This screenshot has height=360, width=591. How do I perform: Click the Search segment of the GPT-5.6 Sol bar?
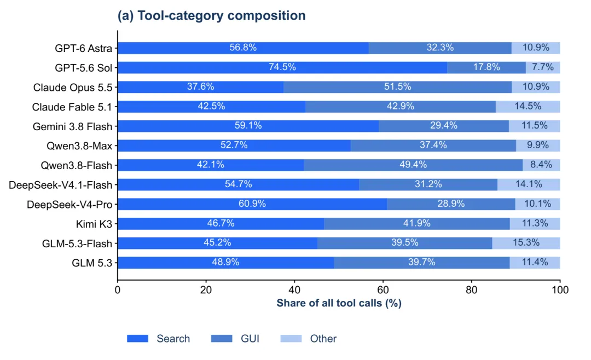click(282, 67)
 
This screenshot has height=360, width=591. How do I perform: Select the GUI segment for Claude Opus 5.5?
click(398, 87)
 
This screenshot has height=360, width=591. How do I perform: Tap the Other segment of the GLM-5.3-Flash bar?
click(526, 243)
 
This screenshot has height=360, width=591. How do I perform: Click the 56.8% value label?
click(243, 48)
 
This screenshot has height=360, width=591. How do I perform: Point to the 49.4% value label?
click(413, 165)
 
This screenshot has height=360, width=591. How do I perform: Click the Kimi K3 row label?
click(94, 224)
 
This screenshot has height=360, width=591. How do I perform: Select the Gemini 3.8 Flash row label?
click(72, 127)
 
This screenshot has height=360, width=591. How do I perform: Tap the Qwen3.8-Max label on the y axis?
click(79, 146)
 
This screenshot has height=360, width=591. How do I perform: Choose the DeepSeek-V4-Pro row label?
click(69, 205)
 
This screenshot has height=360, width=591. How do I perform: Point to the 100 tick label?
click(560, 290)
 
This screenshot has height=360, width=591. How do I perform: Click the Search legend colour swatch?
click(137, 339)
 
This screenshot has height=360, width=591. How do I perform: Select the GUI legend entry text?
click(250, 339)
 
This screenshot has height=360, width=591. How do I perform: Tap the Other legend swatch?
click(291, 339)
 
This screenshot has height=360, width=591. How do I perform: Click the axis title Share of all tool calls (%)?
click(339, 303)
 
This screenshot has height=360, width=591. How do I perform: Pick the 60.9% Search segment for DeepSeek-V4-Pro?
click(252, 204)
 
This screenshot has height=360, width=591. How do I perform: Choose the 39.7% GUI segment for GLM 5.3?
click(422, 263)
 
